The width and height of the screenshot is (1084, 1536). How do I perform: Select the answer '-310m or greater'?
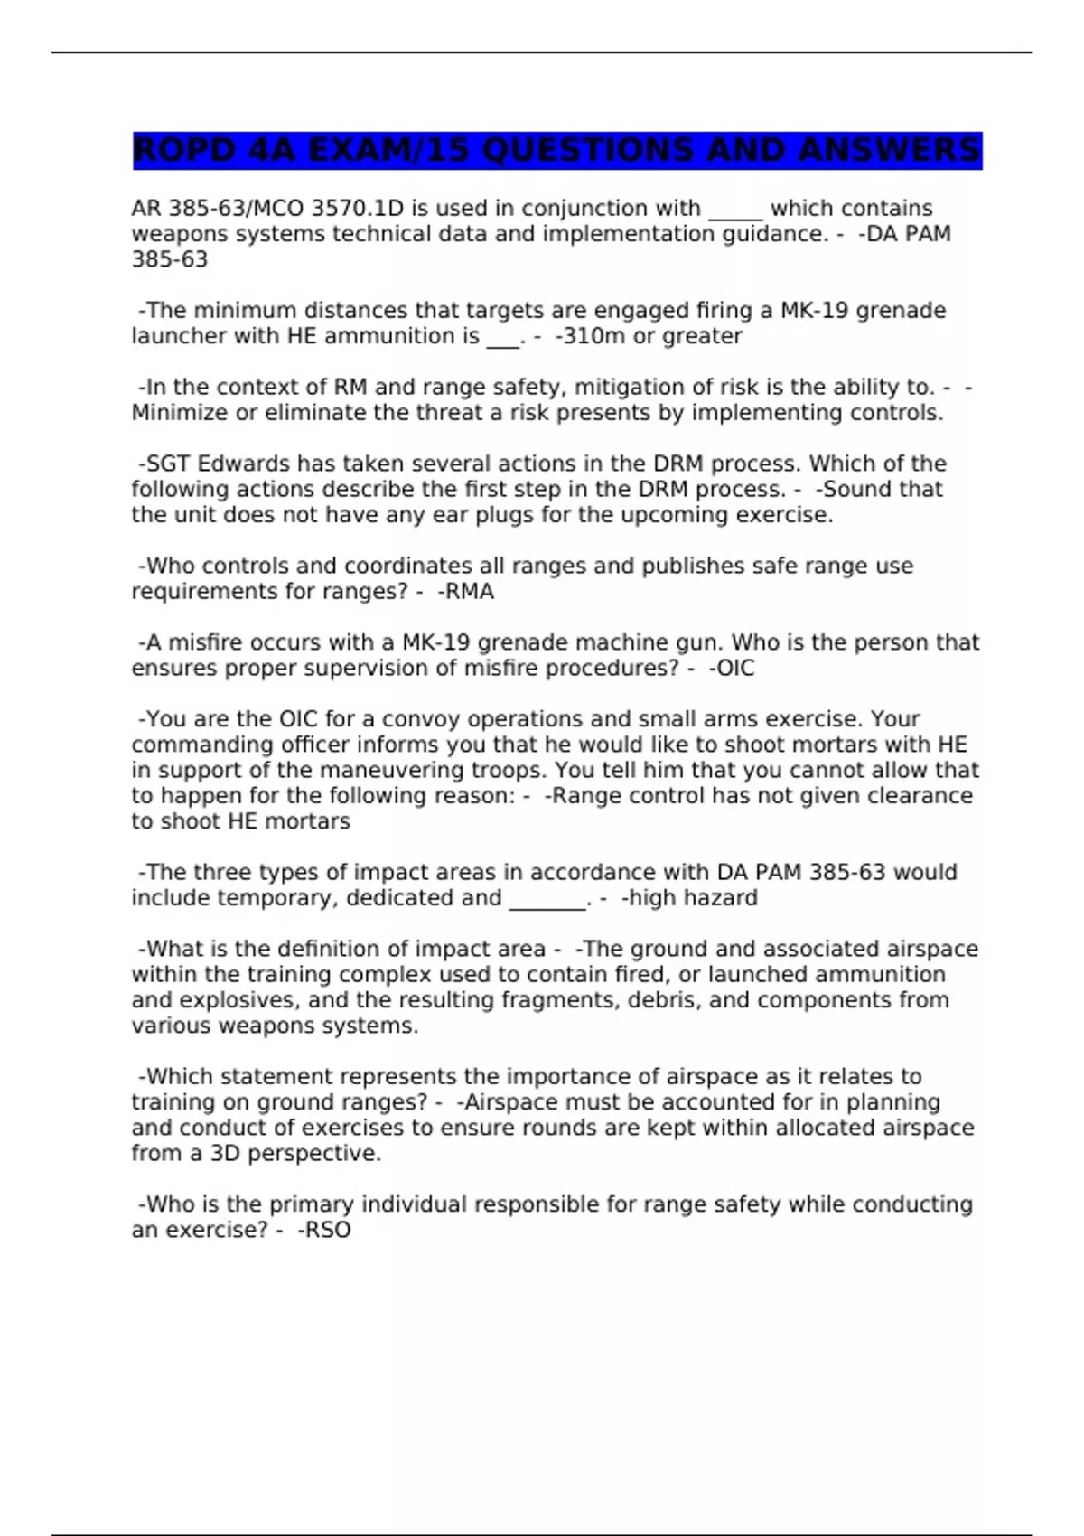tap(649, 336)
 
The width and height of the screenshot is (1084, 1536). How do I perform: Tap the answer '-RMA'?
tap(465, 592)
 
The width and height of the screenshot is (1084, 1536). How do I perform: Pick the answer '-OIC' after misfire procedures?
tap(732, 669)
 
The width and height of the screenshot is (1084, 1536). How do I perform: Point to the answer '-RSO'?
tap(324, 1230)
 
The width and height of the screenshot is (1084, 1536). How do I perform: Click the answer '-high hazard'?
tap(689, 898)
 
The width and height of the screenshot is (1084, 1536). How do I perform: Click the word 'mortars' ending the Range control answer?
tap(306, 821)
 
